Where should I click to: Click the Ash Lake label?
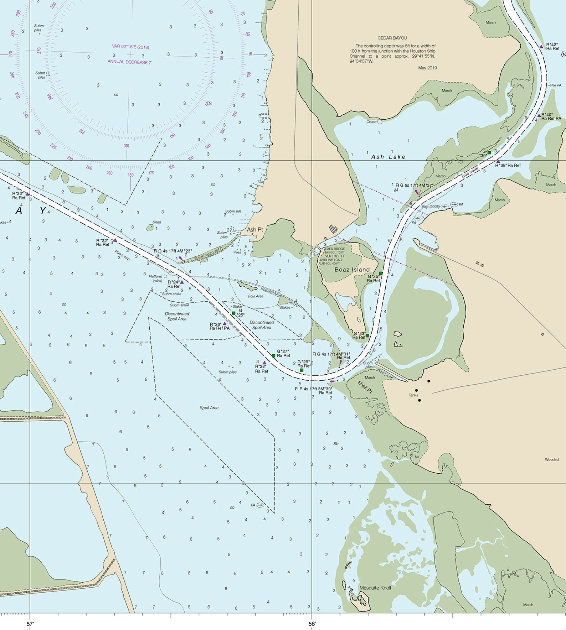pos(388,157)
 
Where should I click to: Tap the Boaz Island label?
pos(352,270)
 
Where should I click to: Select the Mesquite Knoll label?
pos(375,588)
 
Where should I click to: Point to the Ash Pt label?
pos(255,229)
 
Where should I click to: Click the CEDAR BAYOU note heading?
pos(392,38)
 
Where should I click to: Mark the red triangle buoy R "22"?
pos(115,240)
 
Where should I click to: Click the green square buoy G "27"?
pos(273,356)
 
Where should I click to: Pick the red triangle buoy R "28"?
pos(264,363)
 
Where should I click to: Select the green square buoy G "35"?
pos(381,274)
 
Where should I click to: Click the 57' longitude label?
pos(30,624)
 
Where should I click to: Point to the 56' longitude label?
pos(312,624)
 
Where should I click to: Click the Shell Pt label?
pos(365,387)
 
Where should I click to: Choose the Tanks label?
pos(413,395)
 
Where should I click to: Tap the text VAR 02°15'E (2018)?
pos(130,47)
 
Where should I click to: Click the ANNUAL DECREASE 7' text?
pos(130,62)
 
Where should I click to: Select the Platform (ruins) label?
pos(156,278)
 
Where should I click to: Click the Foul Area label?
pos(256,296)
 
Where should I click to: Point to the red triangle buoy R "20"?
pos(27,194)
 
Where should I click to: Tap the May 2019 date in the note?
pos(427,68)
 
